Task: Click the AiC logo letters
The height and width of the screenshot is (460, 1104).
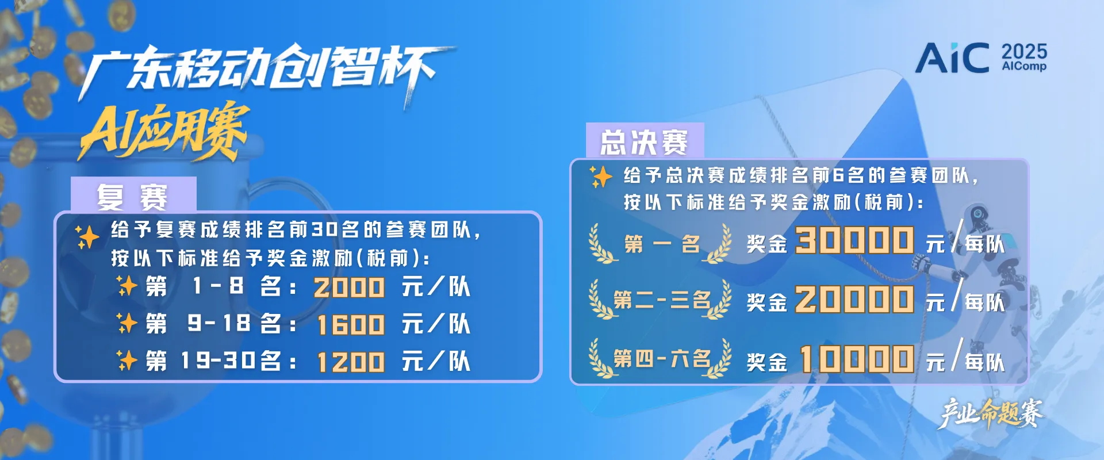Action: point(952,57)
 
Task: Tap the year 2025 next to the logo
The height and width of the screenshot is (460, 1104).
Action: point(1024,52)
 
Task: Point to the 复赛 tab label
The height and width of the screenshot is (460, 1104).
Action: point(132,197)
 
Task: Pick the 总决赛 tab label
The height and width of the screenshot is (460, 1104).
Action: point(644,142)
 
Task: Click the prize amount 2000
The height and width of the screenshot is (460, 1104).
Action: point(349,287)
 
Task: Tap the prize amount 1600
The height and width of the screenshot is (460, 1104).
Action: point(351,325)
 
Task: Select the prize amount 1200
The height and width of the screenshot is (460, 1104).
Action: point(351,362)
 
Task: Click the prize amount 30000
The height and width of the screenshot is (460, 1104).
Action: point(854,240)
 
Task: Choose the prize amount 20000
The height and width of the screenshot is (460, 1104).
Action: point(854,300)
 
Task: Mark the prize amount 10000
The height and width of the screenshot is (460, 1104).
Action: point(857,359)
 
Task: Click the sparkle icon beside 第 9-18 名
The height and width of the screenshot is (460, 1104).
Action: point(126,323)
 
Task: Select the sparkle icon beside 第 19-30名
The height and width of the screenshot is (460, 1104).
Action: point(126,361)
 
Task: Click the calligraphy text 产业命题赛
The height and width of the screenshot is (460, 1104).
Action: point(991,413)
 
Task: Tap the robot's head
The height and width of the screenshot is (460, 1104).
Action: point(977,217)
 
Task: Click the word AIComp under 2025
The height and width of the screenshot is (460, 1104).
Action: point(1024,67)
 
